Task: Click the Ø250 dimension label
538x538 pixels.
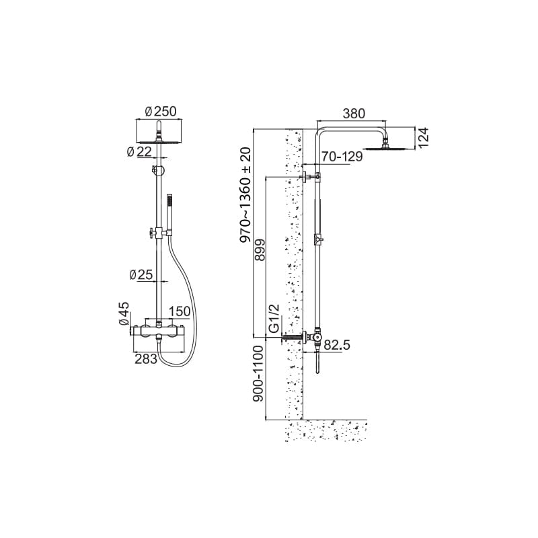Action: click(x=160, y=112)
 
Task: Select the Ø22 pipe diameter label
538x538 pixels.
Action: click(x=139, y=151)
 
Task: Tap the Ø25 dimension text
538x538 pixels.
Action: click(x=141, y=274)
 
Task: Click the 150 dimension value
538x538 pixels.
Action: click(x=180, y=311)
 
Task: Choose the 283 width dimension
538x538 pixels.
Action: click(x=146, y=359)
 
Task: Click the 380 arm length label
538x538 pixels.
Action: click(x=354, y=113)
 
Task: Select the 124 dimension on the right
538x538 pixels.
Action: click(x=424, y=138)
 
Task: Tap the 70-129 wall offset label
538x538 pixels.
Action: click(x=342, y=157)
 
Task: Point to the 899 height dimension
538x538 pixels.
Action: click(x=260, y=249)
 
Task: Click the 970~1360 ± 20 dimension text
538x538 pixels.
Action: click(x=245, y=195)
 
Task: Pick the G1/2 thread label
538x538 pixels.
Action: click(x=274, y=318)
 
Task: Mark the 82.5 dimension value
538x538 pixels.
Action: click(x=337, y=345)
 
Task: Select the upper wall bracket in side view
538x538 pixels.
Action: click(x=309, y=177)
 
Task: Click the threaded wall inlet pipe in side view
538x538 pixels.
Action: click(x=292, y=338)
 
